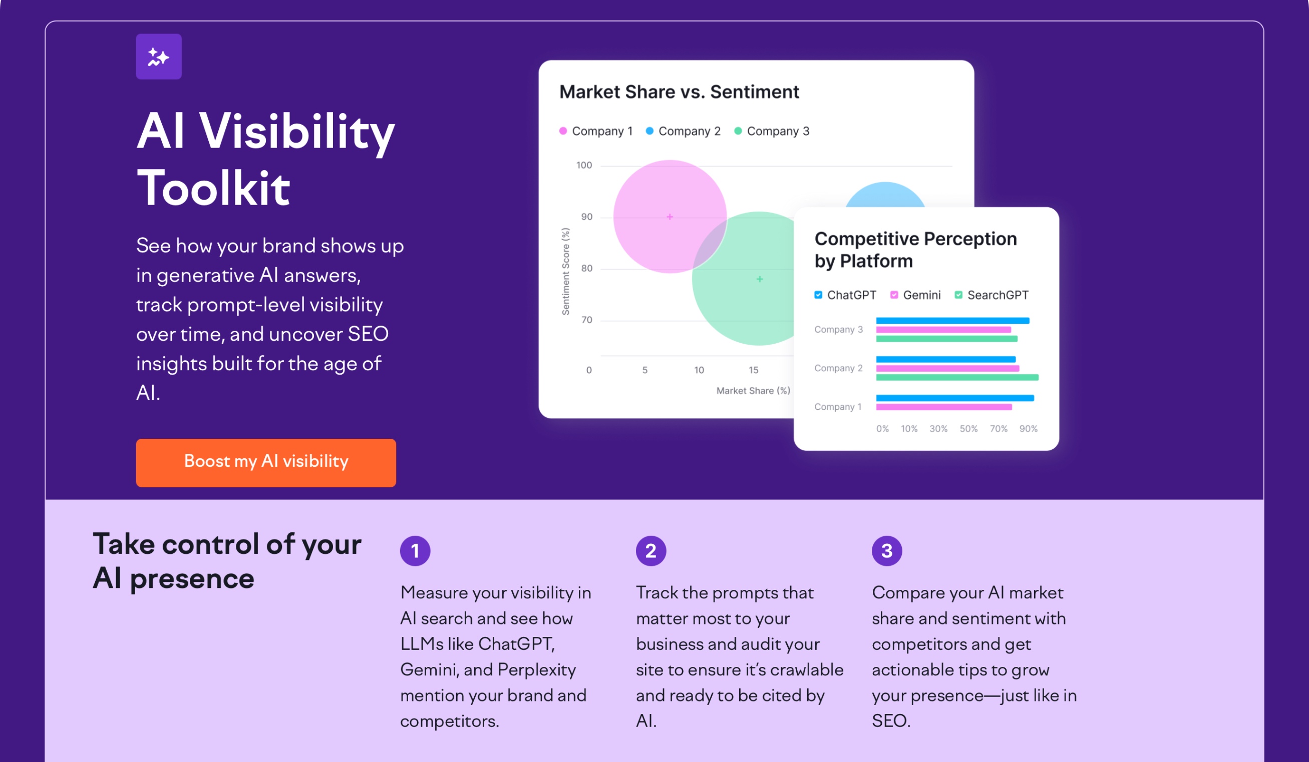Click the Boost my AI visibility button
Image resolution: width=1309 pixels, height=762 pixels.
pos(265,462)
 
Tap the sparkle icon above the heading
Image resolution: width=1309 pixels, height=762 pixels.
pos(158,57)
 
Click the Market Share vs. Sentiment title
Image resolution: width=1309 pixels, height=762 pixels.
pos(679,92)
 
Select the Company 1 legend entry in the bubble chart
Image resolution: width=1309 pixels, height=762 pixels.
pos(596,131)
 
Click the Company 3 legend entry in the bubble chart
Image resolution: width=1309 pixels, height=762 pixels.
pos(771,131)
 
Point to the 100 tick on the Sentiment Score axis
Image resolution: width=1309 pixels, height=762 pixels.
pos(584,165)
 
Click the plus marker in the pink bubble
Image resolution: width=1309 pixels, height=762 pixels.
pos(670,217)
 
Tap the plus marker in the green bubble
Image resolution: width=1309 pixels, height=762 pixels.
pos(760,279)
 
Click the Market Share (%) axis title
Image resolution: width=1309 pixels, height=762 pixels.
pos(753,391)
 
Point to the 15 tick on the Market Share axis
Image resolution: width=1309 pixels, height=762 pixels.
pos(753,370)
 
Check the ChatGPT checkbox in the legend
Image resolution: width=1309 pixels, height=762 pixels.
pos(818,295)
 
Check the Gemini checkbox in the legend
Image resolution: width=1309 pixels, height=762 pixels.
pos(894,295)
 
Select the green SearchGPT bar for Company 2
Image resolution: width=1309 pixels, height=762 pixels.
pos(957,377)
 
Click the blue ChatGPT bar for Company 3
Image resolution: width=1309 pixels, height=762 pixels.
pos(952,321)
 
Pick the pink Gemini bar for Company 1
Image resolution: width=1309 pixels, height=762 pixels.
pos(943,407)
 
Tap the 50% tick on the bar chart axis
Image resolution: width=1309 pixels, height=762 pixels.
pos(968,429)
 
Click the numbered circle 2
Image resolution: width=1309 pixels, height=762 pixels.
pos(650,551)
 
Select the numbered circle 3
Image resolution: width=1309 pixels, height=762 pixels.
pos(886,551)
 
